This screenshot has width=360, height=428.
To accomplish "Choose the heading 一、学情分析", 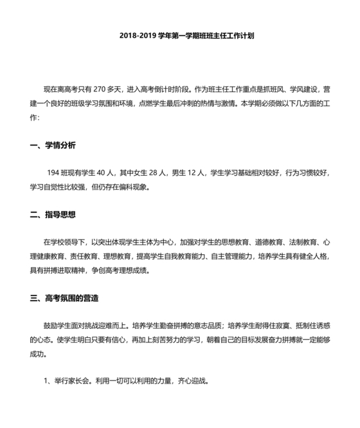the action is pos(53,145).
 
